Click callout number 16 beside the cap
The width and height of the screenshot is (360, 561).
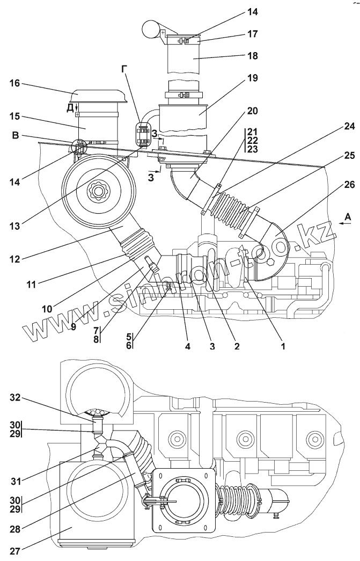[14, 83]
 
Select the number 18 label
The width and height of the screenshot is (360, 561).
[252, 56]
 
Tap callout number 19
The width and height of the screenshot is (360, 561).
[252, 78]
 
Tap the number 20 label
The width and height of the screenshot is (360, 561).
[252, 112]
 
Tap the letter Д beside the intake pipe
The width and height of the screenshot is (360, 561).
[70, 107]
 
